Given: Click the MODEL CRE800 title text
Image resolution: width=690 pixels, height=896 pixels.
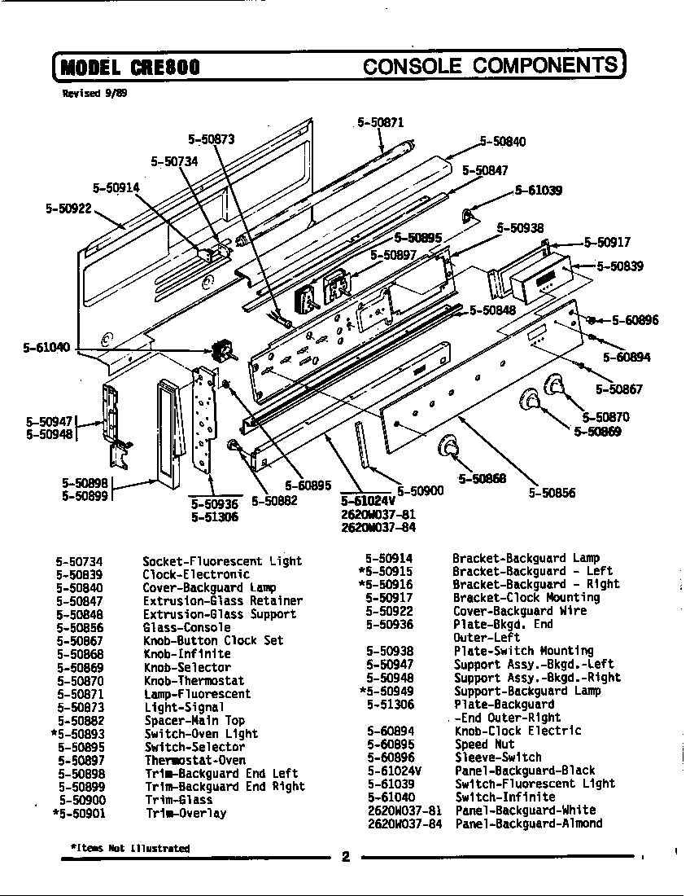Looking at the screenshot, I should click(x=129, y=67).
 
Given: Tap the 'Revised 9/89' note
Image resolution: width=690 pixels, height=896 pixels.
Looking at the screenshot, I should click(x=94, y=94).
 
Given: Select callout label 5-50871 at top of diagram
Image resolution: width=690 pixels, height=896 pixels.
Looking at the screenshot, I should click(x=380, y=123).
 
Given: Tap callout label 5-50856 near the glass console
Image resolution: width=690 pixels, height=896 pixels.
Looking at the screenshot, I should click(x=552, y=492).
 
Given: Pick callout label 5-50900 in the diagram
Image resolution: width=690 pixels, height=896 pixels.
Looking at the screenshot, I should click(x=420, y=490).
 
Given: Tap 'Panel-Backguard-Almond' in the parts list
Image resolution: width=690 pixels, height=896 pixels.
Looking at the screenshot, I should click(x=529, y=824).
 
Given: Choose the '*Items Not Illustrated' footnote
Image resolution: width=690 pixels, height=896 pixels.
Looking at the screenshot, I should click(x=130, y=848).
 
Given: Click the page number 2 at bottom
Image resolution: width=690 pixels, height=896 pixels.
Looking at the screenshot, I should click(x=345, y=856).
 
